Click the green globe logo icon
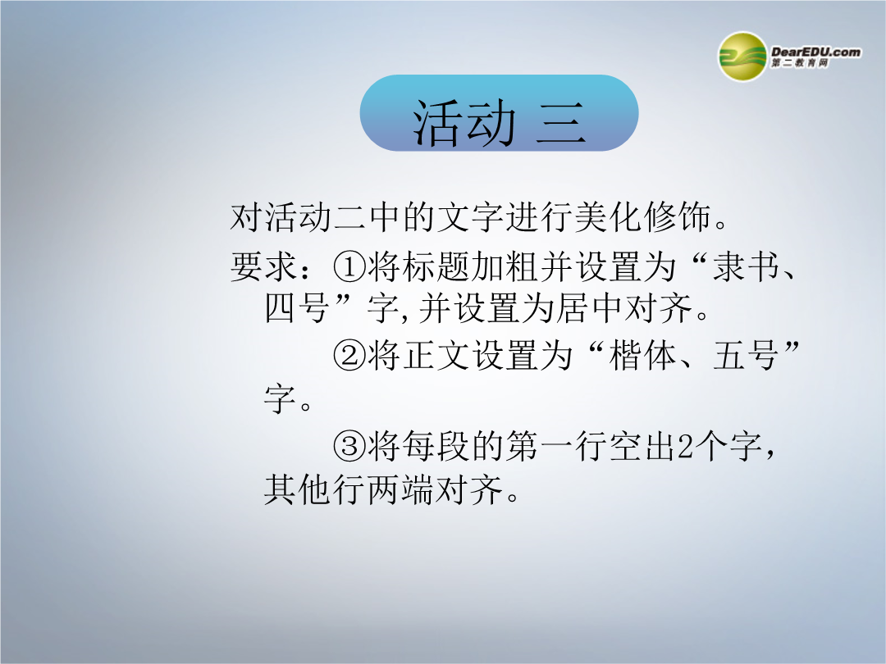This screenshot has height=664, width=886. tap(742, 57)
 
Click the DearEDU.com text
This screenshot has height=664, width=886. tap(815, 52)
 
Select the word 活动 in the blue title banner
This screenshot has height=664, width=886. tap(464, 123)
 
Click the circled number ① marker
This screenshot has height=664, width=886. tap(349, 266)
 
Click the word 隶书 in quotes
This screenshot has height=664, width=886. tap(745, 266)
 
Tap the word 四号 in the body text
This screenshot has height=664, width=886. tap(297, 308)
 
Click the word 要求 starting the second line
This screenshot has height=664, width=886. tap(263, 266)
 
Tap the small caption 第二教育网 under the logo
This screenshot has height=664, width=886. tap(800, 63)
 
